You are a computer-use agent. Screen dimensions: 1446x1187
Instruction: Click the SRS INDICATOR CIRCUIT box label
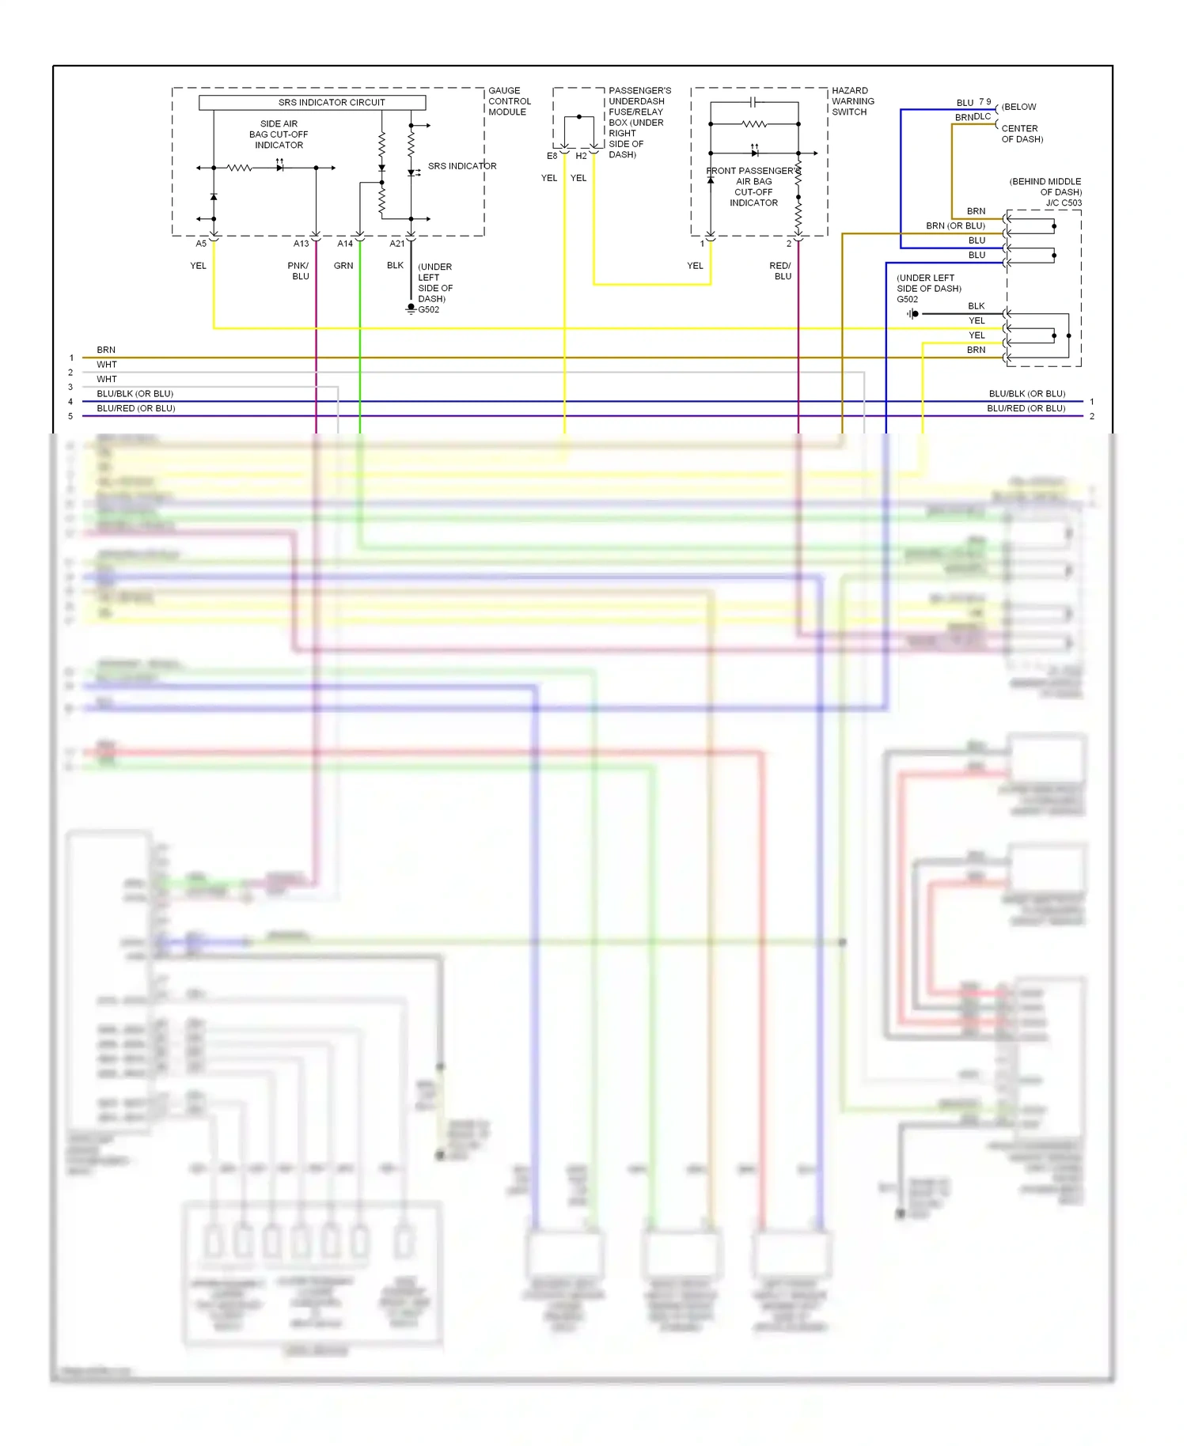(331, 102)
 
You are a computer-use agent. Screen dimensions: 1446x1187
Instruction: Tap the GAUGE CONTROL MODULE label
(509, 101)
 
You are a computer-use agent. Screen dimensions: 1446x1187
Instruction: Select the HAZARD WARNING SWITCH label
(852, 101)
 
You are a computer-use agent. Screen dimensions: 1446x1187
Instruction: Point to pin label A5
(201, 244)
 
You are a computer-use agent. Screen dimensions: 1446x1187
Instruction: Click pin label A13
(301, 244)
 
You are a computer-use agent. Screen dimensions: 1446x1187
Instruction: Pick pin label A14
(345, 244)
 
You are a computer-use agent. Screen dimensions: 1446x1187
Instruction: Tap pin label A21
(396, 244)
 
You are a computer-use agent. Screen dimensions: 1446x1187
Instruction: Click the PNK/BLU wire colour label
(299, 271)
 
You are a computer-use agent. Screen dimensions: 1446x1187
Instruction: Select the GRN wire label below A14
(343, 266)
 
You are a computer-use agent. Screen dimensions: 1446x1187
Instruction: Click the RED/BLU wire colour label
(781, 271)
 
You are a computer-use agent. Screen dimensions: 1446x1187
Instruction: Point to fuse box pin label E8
(552, 156)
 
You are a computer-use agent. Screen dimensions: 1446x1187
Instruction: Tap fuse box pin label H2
(581, 156)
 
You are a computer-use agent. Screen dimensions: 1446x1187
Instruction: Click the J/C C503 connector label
(1063, 203)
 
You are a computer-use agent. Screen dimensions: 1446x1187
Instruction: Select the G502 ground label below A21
(429, 310)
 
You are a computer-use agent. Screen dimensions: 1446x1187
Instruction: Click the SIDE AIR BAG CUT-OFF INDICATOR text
(279, 134)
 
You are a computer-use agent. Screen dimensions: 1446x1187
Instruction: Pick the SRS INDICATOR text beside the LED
(462, 166)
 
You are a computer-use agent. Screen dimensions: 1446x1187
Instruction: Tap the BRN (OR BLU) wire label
(955, 226)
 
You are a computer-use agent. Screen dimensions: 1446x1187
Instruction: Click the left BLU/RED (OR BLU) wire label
(135, 408)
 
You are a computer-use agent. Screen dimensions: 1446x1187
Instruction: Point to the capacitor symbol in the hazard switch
(753, 102)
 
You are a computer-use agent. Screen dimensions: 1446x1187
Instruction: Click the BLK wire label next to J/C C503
(976, 306)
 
